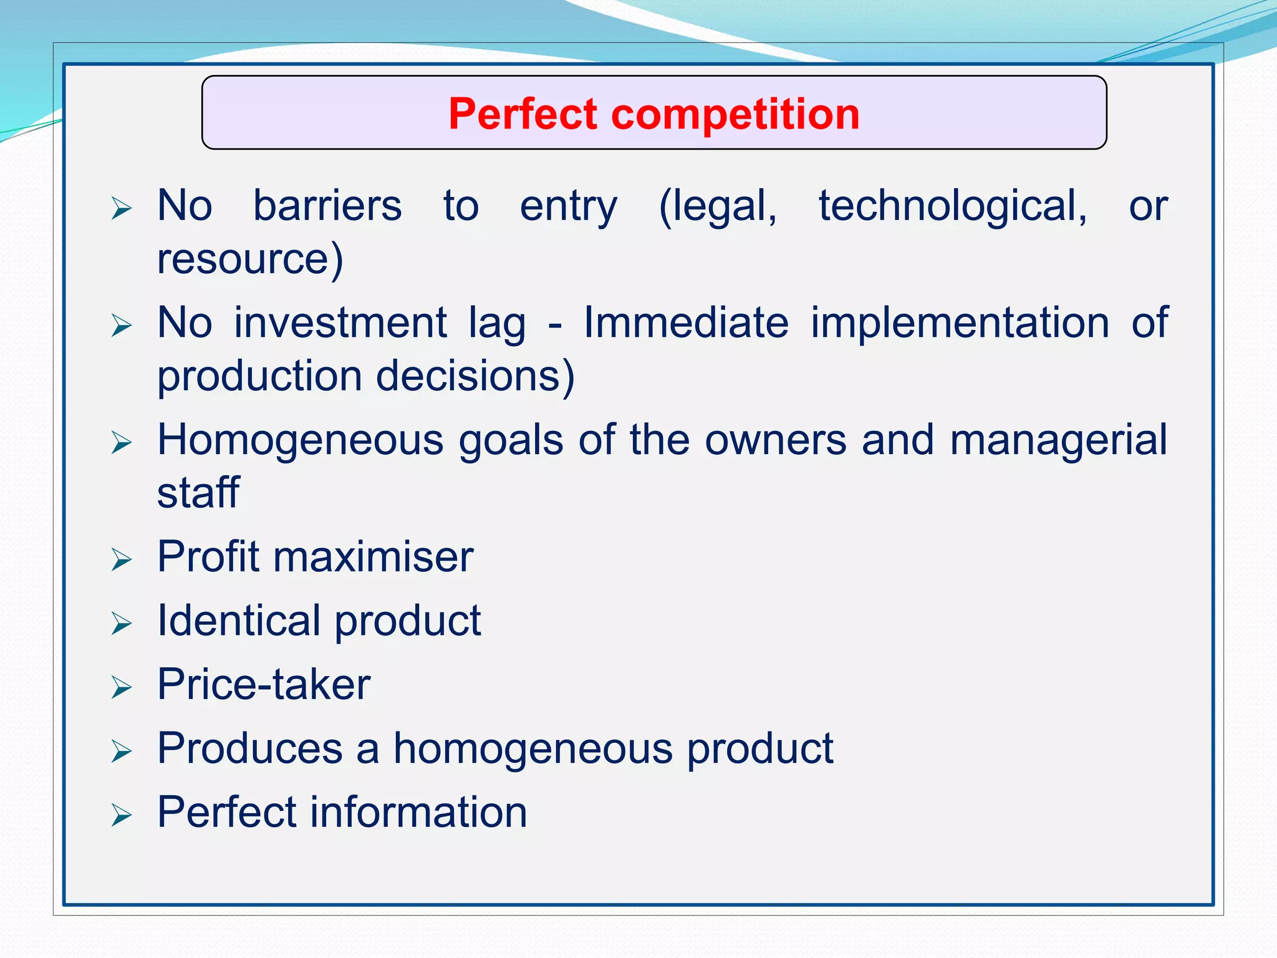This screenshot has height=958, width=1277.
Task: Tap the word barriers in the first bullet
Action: point(327,206)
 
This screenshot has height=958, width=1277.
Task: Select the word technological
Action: point(953,206)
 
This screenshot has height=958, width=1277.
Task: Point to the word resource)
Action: point(250,259)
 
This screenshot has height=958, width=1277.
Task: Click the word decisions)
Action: point(475,376)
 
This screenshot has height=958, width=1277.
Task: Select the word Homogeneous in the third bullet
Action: point(301,440)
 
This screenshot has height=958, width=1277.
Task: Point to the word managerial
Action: point(1058,440)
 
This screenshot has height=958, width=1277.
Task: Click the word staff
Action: point(198,493)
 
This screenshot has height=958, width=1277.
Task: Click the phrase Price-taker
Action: point(264,685)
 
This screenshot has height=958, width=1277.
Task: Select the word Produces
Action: point(250,748)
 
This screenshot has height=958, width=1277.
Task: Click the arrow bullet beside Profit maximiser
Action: point(122,559)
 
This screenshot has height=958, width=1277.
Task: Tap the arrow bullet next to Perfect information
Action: point(122,815)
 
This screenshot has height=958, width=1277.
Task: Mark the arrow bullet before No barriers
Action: point(122,208)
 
